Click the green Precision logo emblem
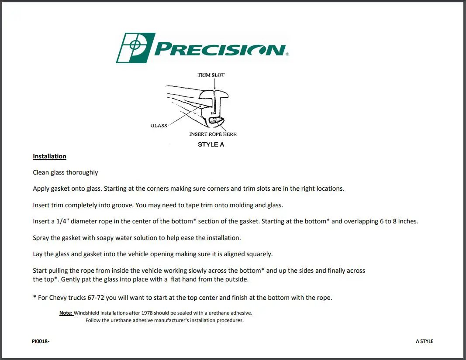135,48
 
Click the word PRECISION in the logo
220,49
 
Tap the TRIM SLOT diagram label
211,75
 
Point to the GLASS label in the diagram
159,126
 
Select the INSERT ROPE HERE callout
213,134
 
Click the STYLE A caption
211,144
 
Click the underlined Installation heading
50,156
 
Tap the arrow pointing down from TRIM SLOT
214,84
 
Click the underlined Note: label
66,313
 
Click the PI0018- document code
41,341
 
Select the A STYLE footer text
425,341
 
